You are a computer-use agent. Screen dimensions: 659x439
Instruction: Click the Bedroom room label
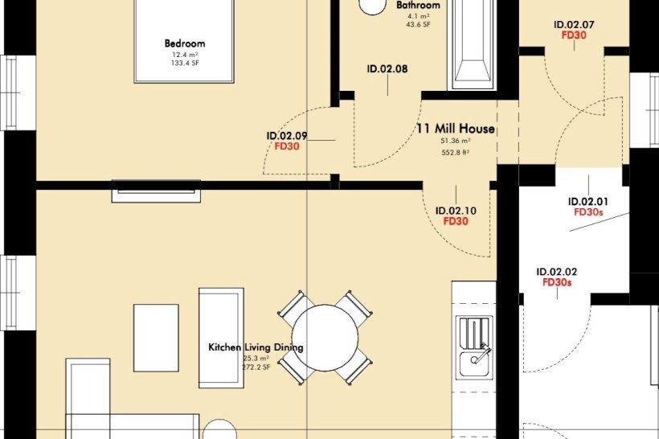pos(185,43)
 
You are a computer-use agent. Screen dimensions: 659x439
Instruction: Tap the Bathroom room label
pos(418,5)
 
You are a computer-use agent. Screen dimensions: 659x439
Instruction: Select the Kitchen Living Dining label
pos(256,347)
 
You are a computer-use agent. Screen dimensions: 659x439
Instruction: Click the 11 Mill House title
pos(456,129)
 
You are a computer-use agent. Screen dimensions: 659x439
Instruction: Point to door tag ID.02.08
pos(387,68)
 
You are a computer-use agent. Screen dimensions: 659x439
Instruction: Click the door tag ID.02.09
pos(287,136)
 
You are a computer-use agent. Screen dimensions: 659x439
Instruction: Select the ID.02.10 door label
pos(456,211)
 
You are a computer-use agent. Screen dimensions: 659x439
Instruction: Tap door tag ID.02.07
pos(574,25)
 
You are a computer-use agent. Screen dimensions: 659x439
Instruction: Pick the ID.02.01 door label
pos(588,202)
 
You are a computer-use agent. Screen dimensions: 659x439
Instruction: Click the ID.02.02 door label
pos(557,272)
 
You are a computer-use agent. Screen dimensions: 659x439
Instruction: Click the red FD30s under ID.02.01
pos(588,212)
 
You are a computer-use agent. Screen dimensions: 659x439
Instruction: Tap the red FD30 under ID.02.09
pos(287,146)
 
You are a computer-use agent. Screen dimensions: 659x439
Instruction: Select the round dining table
pos(325,338)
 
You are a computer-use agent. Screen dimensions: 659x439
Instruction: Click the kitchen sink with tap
pos(474,347)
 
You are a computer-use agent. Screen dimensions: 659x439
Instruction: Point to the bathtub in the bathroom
pos(473,44)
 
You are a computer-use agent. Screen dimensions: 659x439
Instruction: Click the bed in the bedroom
pos(184,41)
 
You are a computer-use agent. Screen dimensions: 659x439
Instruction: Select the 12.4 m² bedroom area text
pos(185,55)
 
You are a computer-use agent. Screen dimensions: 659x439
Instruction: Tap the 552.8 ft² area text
pos(456,153)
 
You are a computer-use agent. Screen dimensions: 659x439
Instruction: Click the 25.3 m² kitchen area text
pos(256,359)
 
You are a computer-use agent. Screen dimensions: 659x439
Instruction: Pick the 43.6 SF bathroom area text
pos(418,24)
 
